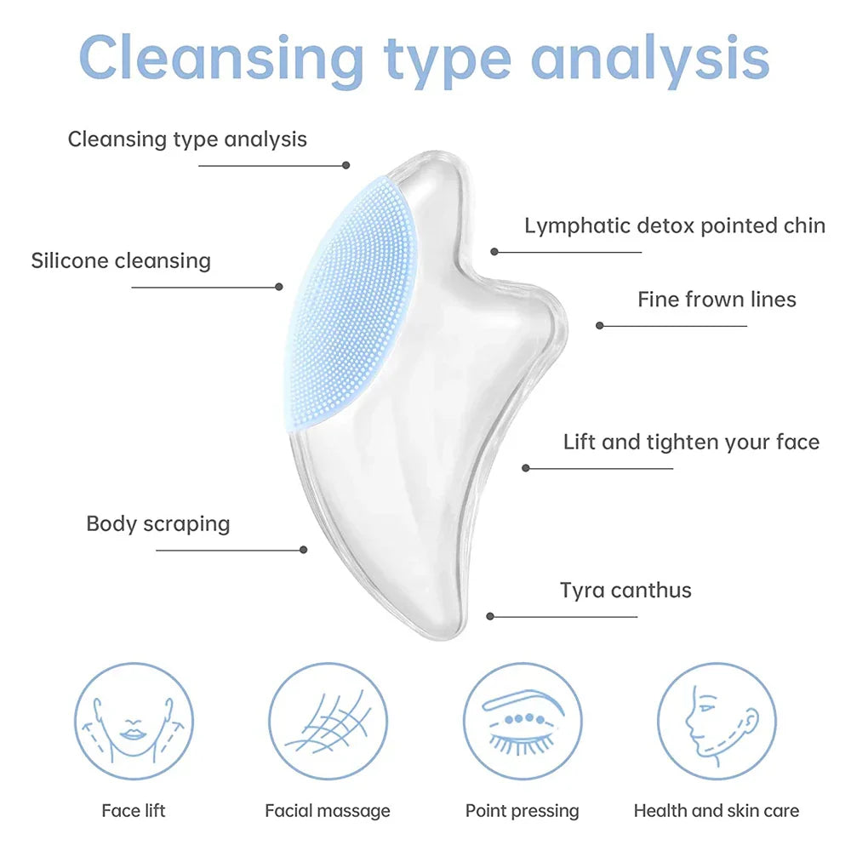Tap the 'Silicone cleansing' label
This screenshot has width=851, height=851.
[x=121, y=260]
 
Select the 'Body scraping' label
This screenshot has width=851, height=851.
[x=158, y=523]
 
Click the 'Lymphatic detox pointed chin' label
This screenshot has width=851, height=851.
[x=675, y=226]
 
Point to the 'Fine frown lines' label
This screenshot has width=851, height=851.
[x=717, y=300]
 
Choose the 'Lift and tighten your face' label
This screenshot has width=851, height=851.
[x=691, y=443]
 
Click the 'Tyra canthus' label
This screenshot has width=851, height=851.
[x=625, y=591]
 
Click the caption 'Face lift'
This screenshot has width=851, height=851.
[x=134, y=811]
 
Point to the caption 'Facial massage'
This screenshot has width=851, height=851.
[x=328, y=811]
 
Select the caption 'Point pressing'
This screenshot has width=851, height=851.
[x=523, y=811]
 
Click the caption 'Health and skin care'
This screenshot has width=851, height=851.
[x=717, y=811]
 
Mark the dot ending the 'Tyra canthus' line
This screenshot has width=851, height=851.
[x=490, y=616]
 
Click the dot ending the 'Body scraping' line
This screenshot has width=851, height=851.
[x=304, y=550]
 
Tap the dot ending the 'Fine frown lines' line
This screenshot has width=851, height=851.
[x=600, y=325]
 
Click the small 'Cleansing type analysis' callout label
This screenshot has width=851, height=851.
[x=187, y=139]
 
